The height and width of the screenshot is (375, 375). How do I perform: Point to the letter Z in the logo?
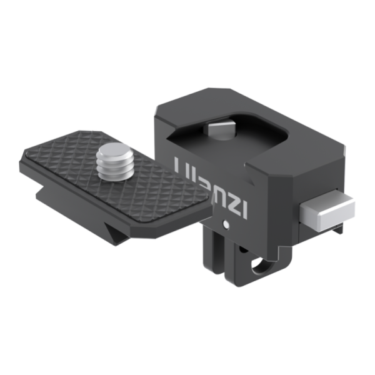[233, 199]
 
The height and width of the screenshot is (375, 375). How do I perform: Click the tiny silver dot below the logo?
[224, 222]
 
